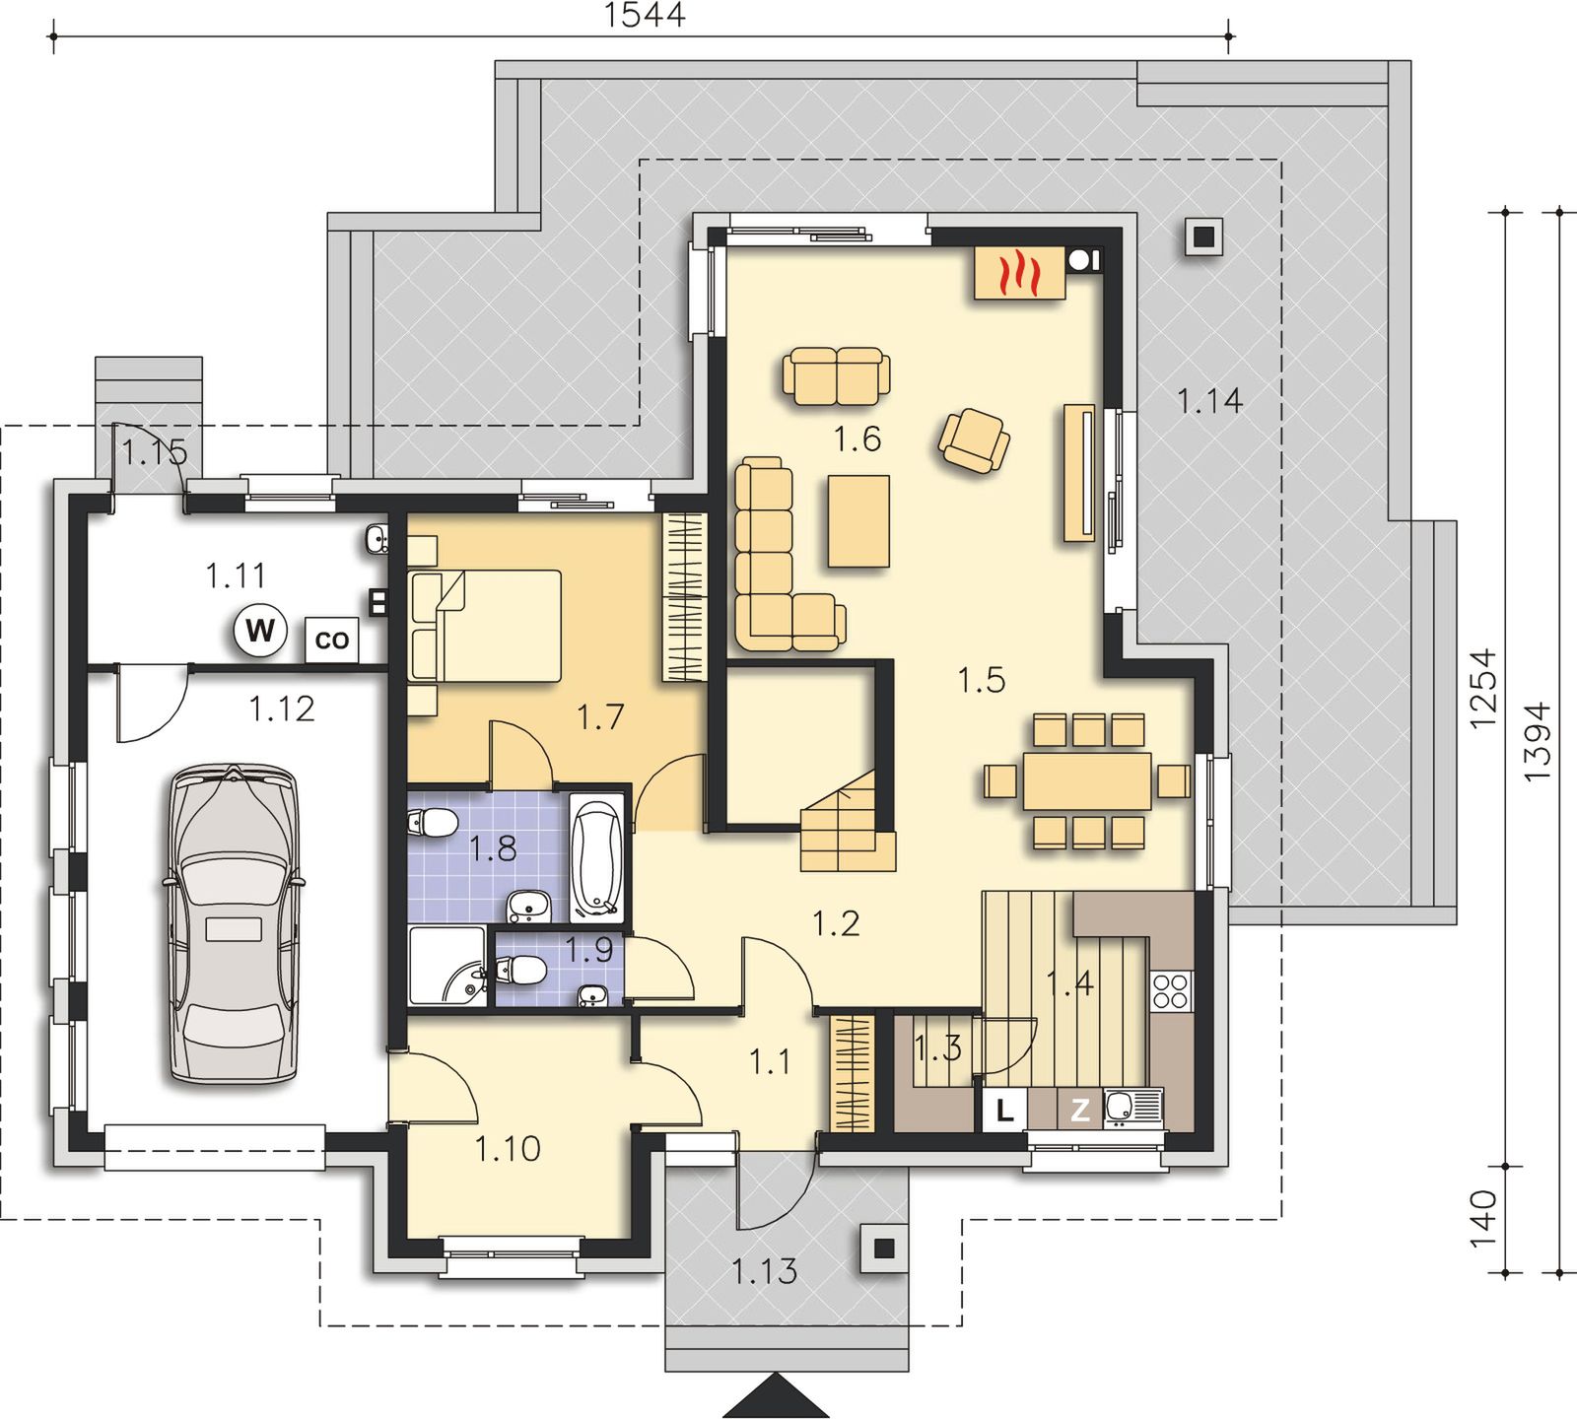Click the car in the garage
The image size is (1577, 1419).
[x=233, y=923]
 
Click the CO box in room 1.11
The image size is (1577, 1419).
[x=332, y=639]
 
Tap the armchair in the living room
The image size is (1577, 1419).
[x=974, y=441]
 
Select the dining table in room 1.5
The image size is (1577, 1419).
[x=1087, y=780]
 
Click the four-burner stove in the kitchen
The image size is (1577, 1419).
[x=1171, y=989]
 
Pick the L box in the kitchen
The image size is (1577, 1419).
[x=1004, y=1110]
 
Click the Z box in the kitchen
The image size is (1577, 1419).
[x=1080, y=1110]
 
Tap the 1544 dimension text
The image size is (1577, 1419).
[x=645, y=15]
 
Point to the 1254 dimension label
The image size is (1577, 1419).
[x=1483, y=688]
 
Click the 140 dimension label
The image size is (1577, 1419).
[x=1483, y=1219]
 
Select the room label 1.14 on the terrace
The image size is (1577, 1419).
[x=1209, y=400]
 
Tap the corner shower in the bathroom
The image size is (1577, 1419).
[x=448, y=966]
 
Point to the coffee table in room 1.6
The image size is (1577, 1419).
[x=858, y=520]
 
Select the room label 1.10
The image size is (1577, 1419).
[x=508, y=1148]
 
